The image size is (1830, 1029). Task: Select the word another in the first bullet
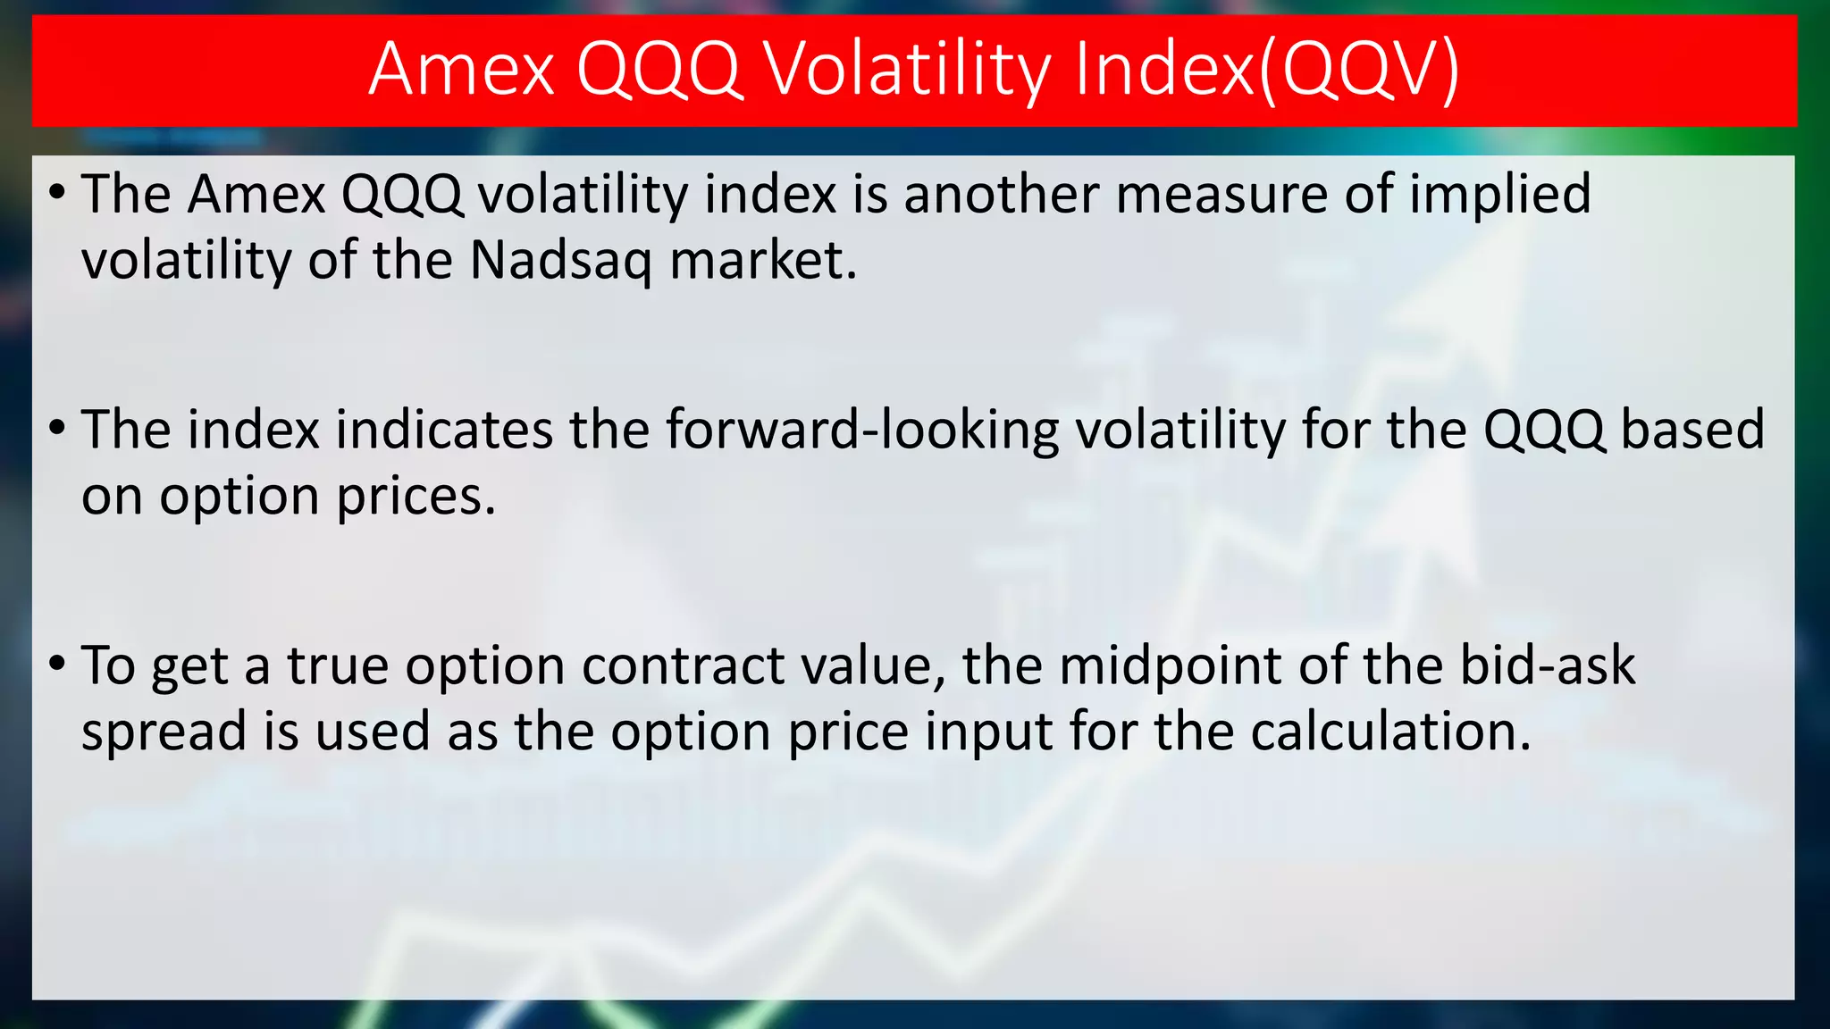1001,195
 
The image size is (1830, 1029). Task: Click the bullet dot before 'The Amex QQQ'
57,192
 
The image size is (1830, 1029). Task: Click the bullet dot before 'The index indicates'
57,428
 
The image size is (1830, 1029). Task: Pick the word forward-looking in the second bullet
861,431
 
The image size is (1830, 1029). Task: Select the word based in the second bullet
1692,431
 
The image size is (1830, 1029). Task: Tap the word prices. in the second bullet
416,498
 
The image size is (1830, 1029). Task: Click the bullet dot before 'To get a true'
57,664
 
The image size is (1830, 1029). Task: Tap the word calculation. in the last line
1390,732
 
